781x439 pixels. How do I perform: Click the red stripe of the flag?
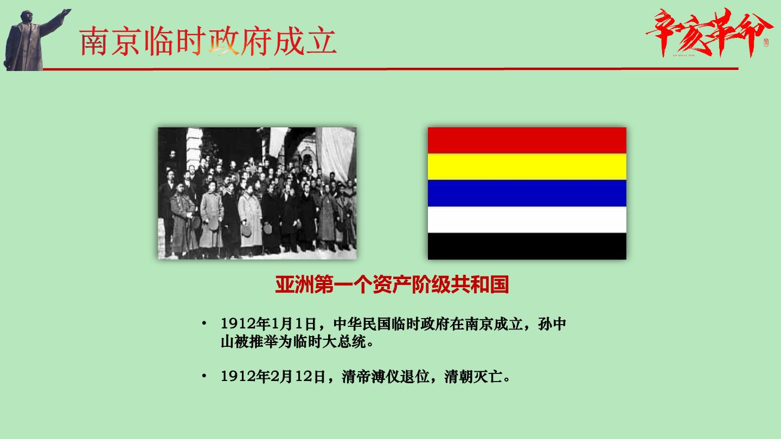click(527, 140)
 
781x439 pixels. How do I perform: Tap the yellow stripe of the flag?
click(527, 167)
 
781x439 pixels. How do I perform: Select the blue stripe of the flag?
click(527, 193)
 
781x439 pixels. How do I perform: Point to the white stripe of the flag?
click(527, 220)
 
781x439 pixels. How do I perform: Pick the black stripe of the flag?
click(527, 246)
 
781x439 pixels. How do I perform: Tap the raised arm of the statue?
click(56, 22)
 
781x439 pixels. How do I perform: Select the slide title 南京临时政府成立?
click(208, 42)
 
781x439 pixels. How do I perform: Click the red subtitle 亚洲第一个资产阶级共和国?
click(392, 285)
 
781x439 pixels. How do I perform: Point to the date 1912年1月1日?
click(268, 324)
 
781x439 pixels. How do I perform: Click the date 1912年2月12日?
click(273, 377)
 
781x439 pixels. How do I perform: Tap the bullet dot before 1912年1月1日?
click(204, 324)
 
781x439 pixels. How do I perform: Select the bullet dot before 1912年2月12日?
click(204, 376)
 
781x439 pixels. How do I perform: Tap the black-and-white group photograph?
click(257, 193)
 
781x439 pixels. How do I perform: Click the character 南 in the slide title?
click(93, 42)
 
